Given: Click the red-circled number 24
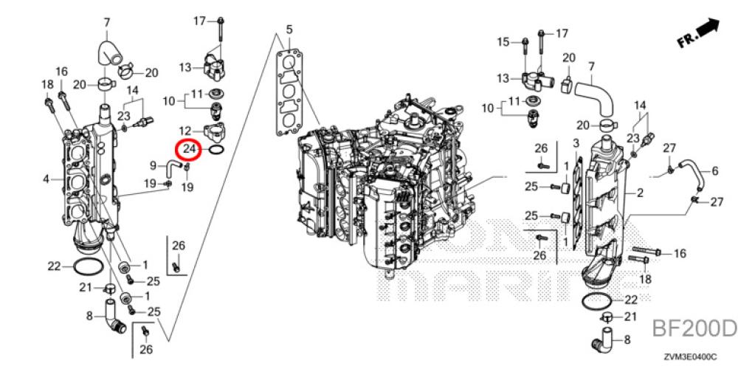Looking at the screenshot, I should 190,150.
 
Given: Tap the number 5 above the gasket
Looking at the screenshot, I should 289,30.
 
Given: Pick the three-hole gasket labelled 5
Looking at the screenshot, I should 292,92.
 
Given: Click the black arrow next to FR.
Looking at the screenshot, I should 709,29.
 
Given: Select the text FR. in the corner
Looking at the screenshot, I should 687,41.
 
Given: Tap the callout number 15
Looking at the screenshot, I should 503,42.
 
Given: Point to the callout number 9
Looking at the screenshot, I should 154,165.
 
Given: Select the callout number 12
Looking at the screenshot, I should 186,131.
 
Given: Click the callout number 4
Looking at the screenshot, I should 46,179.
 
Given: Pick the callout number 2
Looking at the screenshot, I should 640,193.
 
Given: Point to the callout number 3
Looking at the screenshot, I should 575,142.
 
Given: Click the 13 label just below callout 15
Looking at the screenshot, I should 503,78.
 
